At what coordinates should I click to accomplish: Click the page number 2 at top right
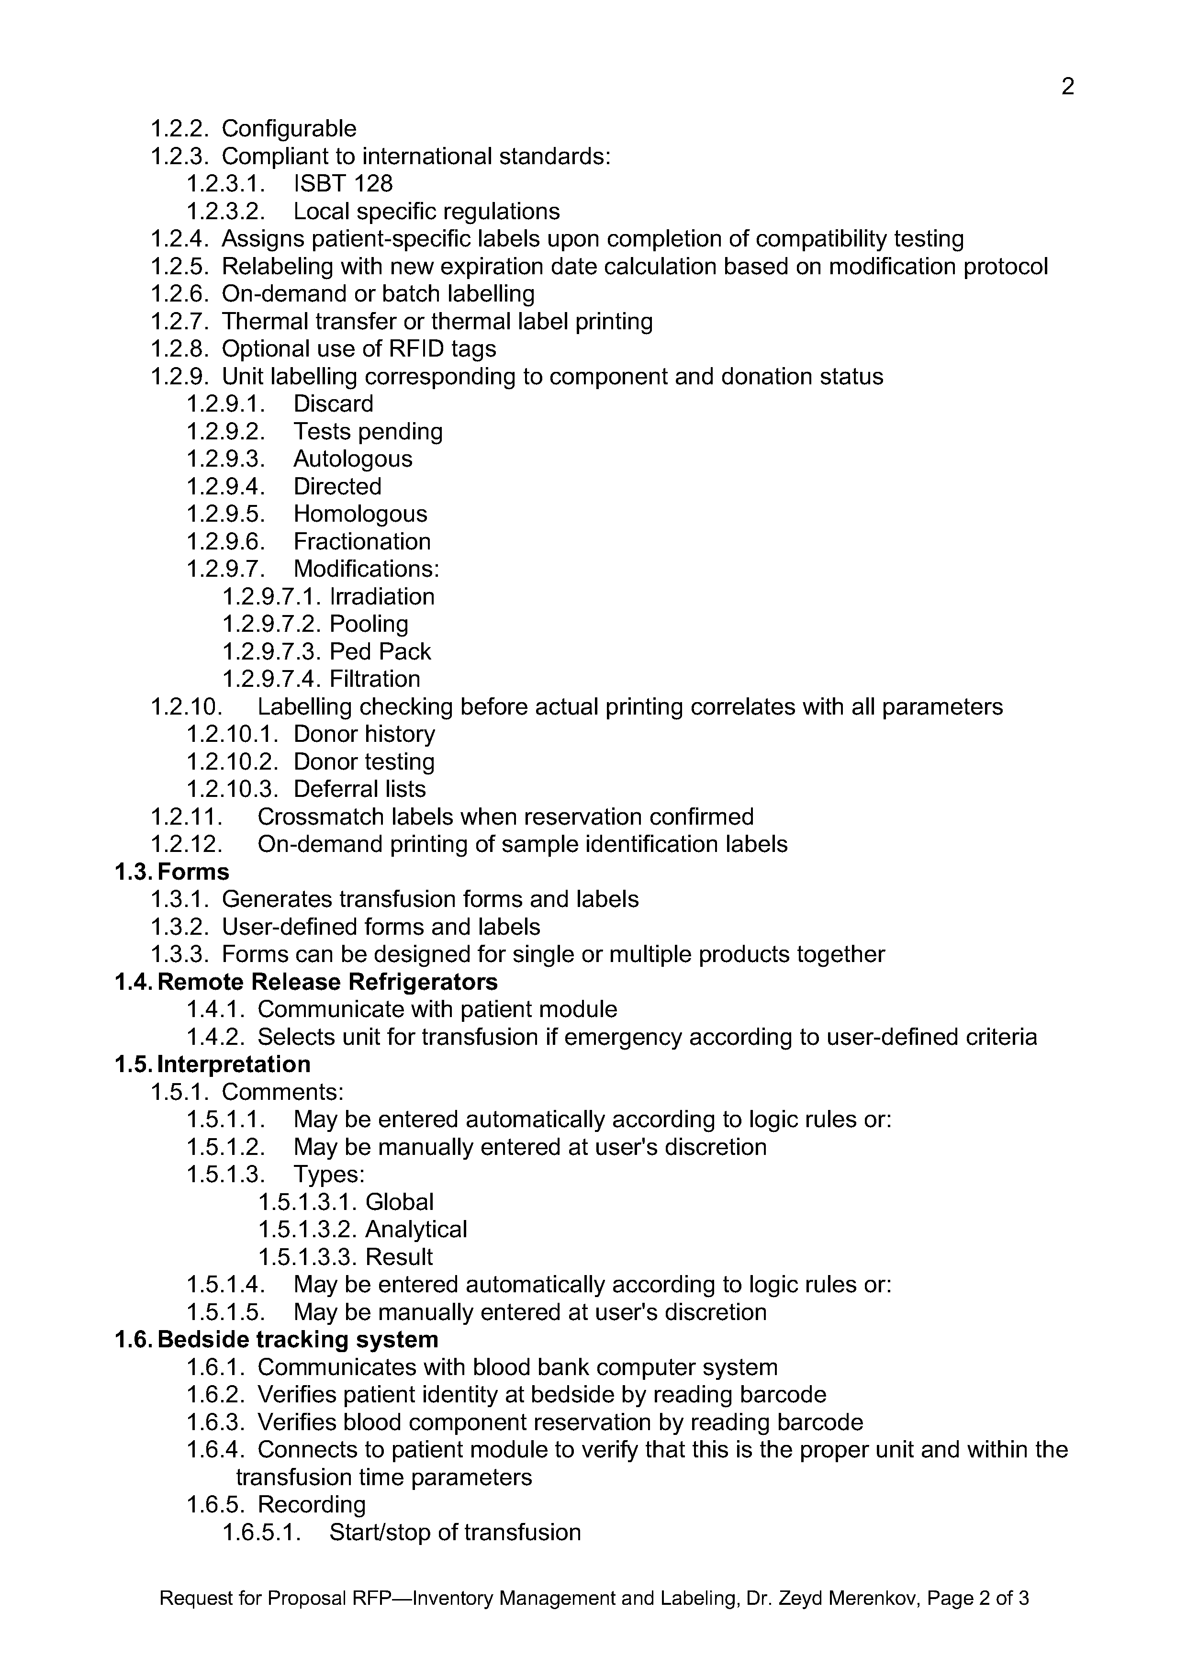(x=1067, y=87)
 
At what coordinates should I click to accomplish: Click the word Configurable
(x=289, y=129)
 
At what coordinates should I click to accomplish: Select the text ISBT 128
(x=343, y=183)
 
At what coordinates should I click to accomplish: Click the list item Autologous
(x=353, y=459)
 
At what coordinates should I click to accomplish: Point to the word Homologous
(x=360, y=514)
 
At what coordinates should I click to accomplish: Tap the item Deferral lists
(x=359, y=790)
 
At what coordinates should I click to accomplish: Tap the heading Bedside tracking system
(x=298, y=1340)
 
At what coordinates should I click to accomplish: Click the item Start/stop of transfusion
(x=454, y=1533)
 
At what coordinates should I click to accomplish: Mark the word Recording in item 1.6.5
(x=312, y=1505)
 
